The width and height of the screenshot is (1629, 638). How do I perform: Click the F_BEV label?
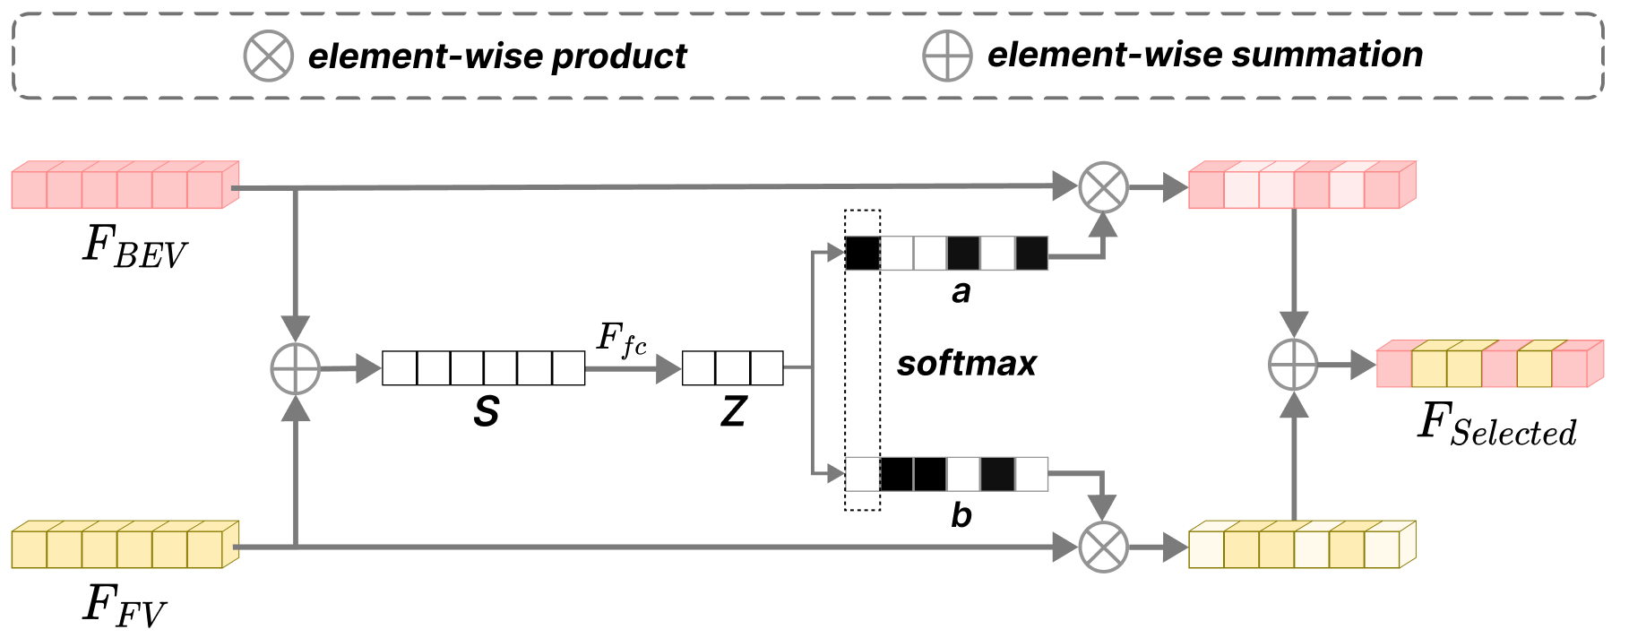(134, 246)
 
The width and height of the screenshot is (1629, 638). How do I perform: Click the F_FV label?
(125, 605)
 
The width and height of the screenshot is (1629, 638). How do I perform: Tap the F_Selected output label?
(1497, 425)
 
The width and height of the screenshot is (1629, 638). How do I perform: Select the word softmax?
(967, 364)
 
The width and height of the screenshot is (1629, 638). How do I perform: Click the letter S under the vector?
(486, 412)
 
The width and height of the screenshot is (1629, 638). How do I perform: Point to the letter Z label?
(733, 412)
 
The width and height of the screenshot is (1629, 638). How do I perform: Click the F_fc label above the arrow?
(622, 340)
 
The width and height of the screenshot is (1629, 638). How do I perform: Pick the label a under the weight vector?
(961, 292)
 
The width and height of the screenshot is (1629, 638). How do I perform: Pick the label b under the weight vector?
(961, 514)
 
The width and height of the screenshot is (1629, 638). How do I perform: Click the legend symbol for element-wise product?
(269, 56)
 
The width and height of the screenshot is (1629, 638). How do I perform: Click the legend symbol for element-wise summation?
(947, 56)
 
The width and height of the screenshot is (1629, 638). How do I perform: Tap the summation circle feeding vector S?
(296, 368)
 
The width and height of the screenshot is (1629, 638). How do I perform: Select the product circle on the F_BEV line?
(1103, 187)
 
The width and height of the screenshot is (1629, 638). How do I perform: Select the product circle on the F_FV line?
(1103, 547)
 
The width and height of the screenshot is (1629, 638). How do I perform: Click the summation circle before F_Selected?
(1293, 365)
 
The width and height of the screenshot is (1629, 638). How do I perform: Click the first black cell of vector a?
(863, 254)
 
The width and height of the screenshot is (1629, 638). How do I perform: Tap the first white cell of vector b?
(863, 474)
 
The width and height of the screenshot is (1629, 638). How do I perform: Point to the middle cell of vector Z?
(733, 368)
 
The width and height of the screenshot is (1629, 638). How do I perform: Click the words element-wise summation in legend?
(1205, 56)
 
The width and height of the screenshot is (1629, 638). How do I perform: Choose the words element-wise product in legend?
(497, 56)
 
